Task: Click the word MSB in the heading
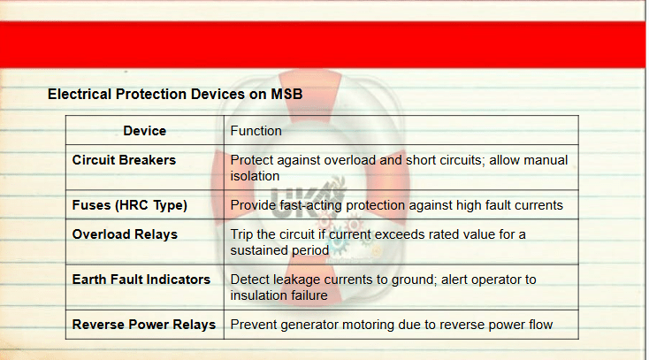click(286, 94)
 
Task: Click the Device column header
click(144, 131)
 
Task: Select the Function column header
click(256, 131)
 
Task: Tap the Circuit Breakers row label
click(124, 160)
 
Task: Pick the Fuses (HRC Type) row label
click(130, 205)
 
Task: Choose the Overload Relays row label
click(125, 234)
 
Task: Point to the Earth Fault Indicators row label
click(141, 280)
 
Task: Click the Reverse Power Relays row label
click(144, 325)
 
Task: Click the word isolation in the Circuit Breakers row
click(255, 176)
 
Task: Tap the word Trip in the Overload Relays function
click(241, 234)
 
